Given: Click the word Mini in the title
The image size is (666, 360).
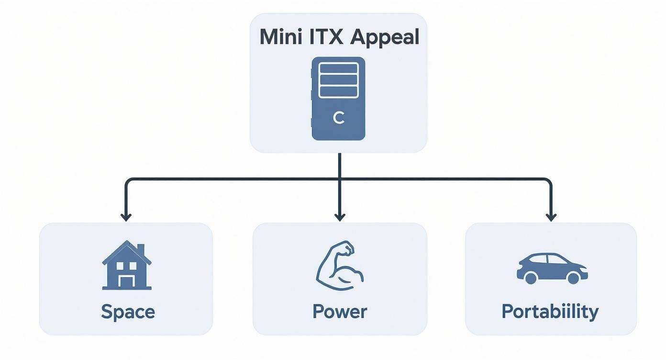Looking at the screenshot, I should (279, 37).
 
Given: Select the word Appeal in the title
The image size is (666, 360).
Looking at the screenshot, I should (385, 38).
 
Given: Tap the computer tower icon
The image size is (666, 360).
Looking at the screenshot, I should (338, 99).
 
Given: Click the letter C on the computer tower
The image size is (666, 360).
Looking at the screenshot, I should (338, 118).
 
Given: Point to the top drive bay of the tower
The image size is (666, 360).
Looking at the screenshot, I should (338, 68).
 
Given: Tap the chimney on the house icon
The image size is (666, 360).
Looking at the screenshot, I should (140, 249).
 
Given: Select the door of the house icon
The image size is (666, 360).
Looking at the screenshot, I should (127, 281).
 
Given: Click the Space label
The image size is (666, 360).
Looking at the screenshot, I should (128, 312).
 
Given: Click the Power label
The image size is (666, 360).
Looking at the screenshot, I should (340, 312).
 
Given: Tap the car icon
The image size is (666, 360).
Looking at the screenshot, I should (552, 268).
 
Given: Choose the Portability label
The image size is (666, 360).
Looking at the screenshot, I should (550, 312).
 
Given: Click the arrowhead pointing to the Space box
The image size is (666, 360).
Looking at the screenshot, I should (126, 217).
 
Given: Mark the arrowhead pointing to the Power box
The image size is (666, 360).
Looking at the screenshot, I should (340, 217).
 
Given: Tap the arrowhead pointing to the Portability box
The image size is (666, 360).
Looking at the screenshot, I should (551, 217).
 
